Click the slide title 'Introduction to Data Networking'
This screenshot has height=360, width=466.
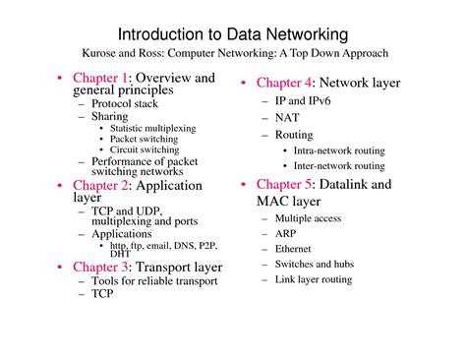(x=232, y=34)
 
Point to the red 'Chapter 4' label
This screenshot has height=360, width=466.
(x=284, y=83)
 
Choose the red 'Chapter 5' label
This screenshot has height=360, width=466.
(x=284, y=184)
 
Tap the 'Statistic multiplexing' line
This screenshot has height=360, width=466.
(x=152, y=128)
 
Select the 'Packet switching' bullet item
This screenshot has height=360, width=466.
(x=144, y=139)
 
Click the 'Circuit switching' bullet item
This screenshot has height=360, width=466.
(x=145, y=150)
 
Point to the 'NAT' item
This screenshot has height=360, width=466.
(x=288, y=117)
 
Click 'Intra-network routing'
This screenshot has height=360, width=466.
(x=339, y=150)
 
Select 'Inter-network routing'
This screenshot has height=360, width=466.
(x=339, y=166)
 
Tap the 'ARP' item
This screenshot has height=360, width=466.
(x=287, y=234)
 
